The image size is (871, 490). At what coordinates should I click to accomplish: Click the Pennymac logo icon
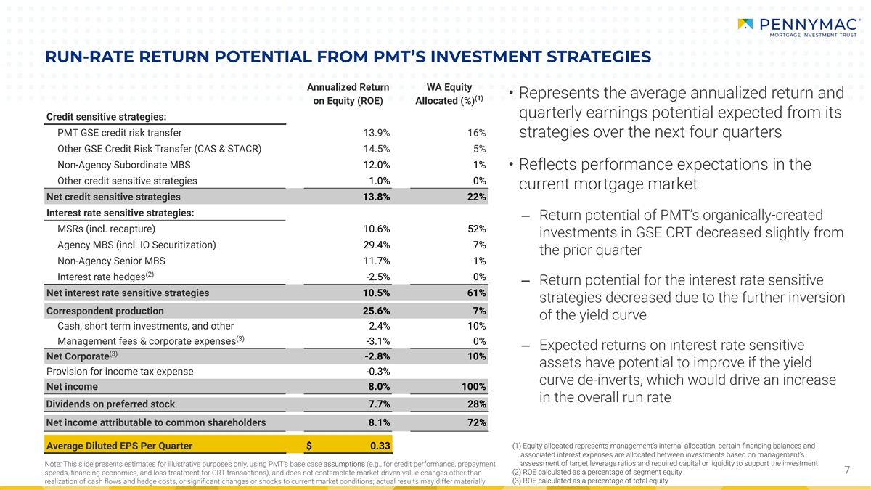pos(745,24)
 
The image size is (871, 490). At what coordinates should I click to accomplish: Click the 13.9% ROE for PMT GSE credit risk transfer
pos(377,133)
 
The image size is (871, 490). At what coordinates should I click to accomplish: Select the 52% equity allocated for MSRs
pos(477,229)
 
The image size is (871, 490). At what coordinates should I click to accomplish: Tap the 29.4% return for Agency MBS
pos(377,245)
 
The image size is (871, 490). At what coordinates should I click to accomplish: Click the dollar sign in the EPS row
pos(309,445)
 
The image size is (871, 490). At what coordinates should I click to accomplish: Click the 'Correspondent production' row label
pos(105,311)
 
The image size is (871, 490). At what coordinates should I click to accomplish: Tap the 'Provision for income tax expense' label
pos(120,372)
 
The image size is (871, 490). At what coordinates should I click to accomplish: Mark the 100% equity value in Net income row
pos(473,387)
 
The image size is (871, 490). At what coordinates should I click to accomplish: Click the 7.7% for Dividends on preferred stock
pos(378,404)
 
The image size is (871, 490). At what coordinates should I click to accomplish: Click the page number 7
pos(847,471)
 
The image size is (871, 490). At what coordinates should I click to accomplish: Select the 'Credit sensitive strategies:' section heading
pos(106,117)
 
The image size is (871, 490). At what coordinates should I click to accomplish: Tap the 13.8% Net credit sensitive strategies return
pos(377,197)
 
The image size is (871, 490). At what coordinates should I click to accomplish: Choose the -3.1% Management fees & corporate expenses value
pos(377,341)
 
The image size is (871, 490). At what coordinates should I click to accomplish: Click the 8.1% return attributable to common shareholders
pos(378,422)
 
